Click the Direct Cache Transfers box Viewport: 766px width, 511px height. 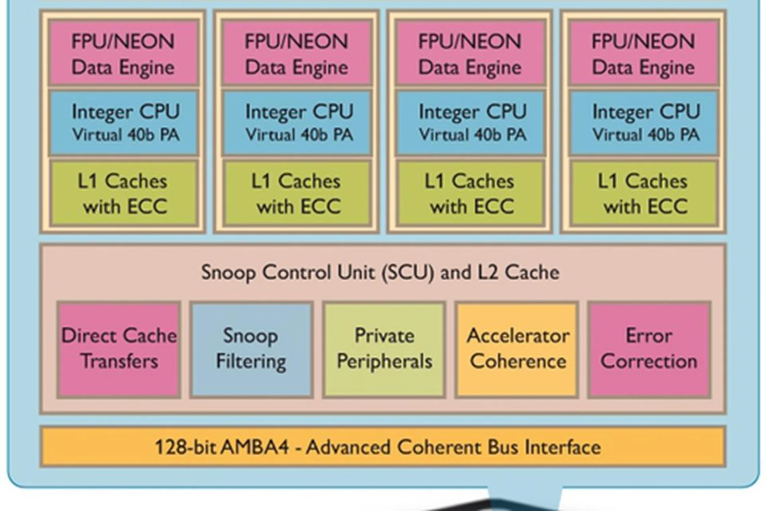[x=119, y=349]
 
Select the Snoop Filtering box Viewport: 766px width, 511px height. [x=251, y=349]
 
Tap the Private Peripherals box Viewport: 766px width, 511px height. [x=384, y=349]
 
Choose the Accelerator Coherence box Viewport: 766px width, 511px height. [x=517, y=349]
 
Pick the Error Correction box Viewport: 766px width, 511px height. [x=649, y=349]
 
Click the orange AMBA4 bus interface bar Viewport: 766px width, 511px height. [x=383, y=447]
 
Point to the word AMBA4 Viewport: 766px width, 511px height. [x=255, y=447]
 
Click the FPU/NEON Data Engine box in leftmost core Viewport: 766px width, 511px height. [x=123, y=53]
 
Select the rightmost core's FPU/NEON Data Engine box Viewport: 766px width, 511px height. [x=644, y=53]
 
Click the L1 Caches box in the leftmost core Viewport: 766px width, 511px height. [x=123, y=194]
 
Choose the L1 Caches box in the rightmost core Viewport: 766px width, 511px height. [x=644, y=194]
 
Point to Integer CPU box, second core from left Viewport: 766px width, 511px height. [x=298, y=123]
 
